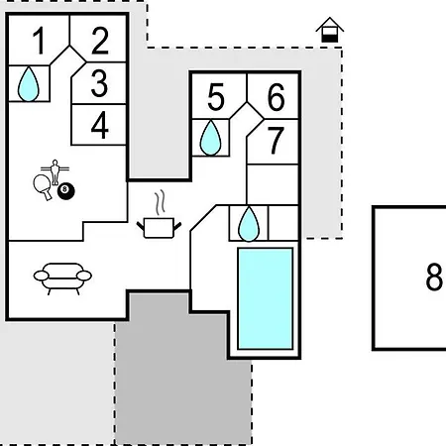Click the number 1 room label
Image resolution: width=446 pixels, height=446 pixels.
pyautogui.click(x=40, y=41)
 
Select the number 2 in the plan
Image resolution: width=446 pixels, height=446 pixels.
pyautogui.click(x=100, y=41)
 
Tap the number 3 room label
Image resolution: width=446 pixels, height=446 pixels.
pyautogui.click(x=99, y=83)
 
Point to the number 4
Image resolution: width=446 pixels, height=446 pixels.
pyautogui.click(x=100, y=125)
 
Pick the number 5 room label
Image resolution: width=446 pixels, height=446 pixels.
pyautogui.click(x=216, y=97)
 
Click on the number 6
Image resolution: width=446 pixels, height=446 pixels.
pyautogui.click(x=276, y=97)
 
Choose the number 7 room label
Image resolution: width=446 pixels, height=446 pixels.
pyautogui.click(x=276, y=141)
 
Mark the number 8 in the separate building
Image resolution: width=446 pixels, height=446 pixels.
pyautogui.click(x=434, y=277)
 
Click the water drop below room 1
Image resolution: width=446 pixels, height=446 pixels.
pyautogui.click(x=29, y=84)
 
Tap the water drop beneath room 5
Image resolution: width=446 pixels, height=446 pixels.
pyautogui.click(x=210, y=138)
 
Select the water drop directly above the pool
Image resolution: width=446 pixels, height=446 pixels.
pyautogui.click(x=249, y=224)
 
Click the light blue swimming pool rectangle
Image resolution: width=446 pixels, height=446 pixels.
pyautogui.click(x=266, y=298)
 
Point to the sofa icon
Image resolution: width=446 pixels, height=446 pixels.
pyautogui.click(x=62, y=279)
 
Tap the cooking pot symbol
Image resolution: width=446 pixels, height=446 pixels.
pyautogui.click(x=159, y=228)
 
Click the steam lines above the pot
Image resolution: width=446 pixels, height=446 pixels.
pyautogui.click(x=160, y=201)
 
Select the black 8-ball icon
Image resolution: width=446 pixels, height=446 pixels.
pyautogui.click(x=66, y=191)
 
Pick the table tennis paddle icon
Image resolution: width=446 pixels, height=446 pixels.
pyautogui.click(x=43, y=186)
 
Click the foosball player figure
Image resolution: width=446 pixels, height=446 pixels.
pyautogui.click(x=55, y=171)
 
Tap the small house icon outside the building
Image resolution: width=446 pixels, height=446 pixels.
pyautogui.click(x=330, y=30)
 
